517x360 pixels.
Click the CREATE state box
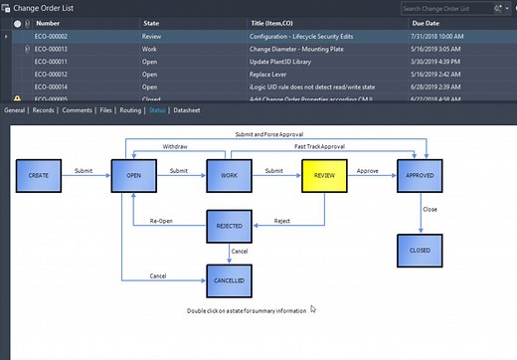(x=39, y=175)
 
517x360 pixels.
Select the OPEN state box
(x=132, y=175)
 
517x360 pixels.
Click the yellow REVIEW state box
(x=324, y=175)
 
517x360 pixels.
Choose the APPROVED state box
(x=420, y=175)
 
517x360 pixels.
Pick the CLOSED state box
(x=420, y=251)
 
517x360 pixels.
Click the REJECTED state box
(x=230, y=227)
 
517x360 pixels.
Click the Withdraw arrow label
(x=178, y=147)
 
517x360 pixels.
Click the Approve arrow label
(x=368, y=170)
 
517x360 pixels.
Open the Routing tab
(x=130, y=110)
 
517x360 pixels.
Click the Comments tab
(x=76, y=110)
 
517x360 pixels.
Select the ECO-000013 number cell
(x=52, y=48)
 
